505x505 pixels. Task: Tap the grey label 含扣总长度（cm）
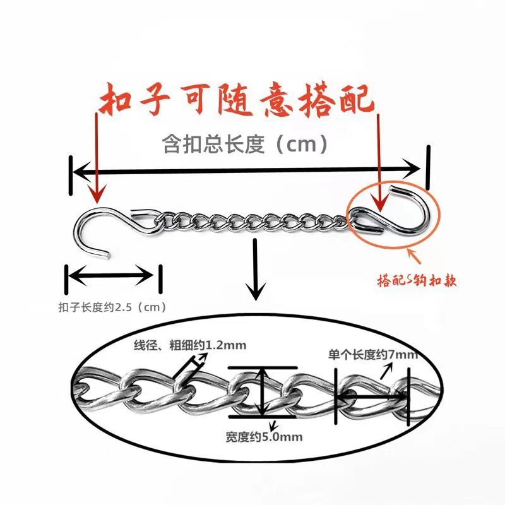coord(246,145)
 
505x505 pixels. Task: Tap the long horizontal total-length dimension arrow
coord(246,169)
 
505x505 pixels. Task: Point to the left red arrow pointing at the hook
coord(96,158)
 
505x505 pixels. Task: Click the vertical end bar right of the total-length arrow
coord(429,167)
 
